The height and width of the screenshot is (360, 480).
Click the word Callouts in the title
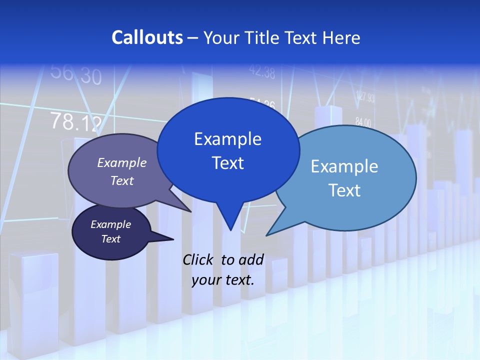click(x=147, y=37)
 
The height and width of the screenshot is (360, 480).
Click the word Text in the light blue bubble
click(x=344, y=190)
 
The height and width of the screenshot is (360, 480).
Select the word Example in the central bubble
click(x=227, y=139)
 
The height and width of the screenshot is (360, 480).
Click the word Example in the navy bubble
click(x=110, y=224)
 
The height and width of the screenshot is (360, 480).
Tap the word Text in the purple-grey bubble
click(x=122, y=180)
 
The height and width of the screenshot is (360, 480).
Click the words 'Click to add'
click(x=223, y=259)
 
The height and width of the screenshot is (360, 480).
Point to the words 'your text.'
click(x=223, y=280)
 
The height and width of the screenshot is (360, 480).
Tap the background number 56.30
click(x=76, y=75)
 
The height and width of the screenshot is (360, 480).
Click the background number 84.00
click(x=363, y=122)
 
